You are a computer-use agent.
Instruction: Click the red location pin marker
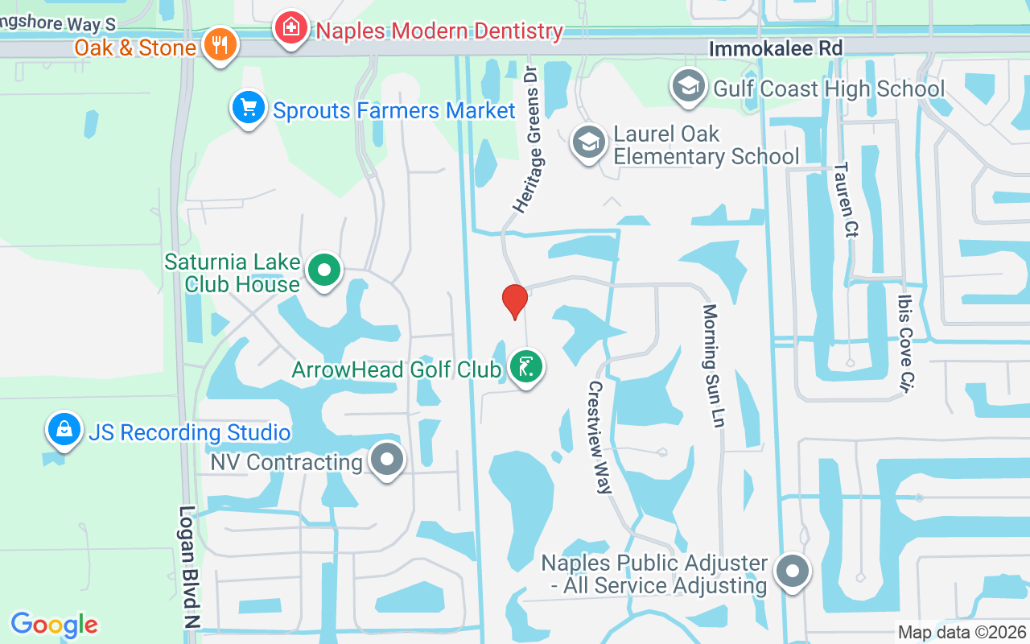[514, 301]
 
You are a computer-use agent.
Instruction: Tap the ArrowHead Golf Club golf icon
[526, 368]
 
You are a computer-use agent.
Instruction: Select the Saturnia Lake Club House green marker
[324, 270]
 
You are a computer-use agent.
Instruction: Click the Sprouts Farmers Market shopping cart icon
[249, 107]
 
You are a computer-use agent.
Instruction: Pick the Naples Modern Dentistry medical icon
[291, 29]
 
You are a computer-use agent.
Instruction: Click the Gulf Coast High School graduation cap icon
[688, 86]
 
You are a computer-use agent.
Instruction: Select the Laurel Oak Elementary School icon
[589, 142]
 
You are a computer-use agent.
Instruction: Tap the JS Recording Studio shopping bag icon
[64, 430]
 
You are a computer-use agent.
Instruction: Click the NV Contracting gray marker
[387, 460]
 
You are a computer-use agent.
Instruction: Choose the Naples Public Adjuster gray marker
[793, 572]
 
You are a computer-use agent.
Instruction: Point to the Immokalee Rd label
[775, 49]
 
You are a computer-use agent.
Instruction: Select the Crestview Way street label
[600, 437]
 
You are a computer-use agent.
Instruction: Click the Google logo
[55, 624]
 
